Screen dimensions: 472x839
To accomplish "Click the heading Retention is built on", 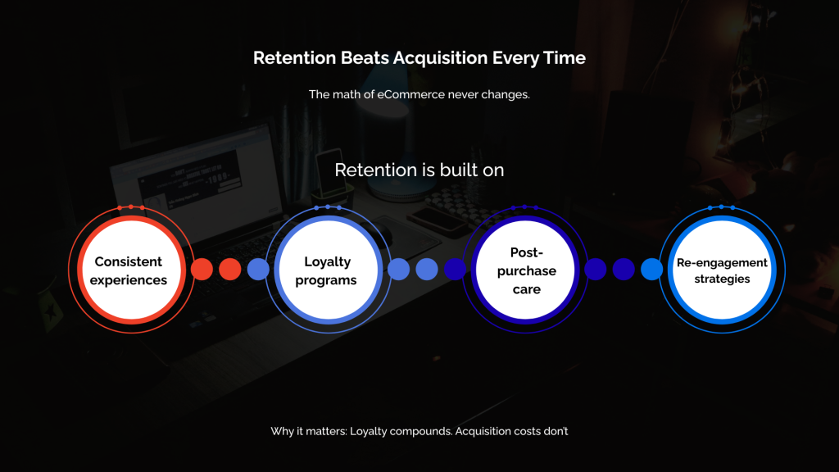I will pos(419,170).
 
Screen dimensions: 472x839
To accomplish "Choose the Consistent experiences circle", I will pos(129,270).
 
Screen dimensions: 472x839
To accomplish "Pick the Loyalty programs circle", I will pos(327,270).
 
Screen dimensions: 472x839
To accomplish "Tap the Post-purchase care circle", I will pos(527,270).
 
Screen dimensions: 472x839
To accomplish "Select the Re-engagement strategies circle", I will pos(722,270).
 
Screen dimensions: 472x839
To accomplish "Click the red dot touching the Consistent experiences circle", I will pos(202,270).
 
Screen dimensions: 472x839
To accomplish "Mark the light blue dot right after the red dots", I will pos(258,270).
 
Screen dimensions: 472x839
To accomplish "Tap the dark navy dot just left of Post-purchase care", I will pos(455,270).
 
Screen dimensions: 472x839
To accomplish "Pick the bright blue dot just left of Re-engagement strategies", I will pos(652,270).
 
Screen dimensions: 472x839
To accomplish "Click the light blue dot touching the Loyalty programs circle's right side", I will pos(398,270).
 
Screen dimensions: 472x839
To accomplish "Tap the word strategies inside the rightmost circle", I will pos(722,279).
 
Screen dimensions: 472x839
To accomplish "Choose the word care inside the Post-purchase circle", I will pos(527,289).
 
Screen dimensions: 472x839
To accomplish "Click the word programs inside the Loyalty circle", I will pos(327,280).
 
